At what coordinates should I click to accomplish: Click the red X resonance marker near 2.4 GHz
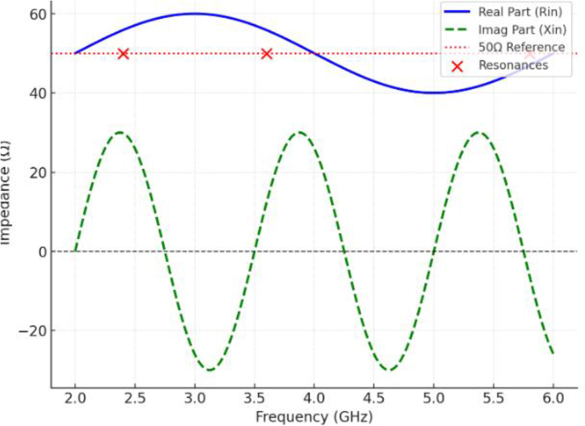point(123,53)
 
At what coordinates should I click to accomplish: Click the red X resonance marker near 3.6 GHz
point(267,53)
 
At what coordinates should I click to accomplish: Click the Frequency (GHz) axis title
point(314,416)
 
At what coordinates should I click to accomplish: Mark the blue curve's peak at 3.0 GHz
point(194,14)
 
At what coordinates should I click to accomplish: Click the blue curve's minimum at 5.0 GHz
point(434,93)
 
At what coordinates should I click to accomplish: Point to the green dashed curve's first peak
point(120,133)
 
